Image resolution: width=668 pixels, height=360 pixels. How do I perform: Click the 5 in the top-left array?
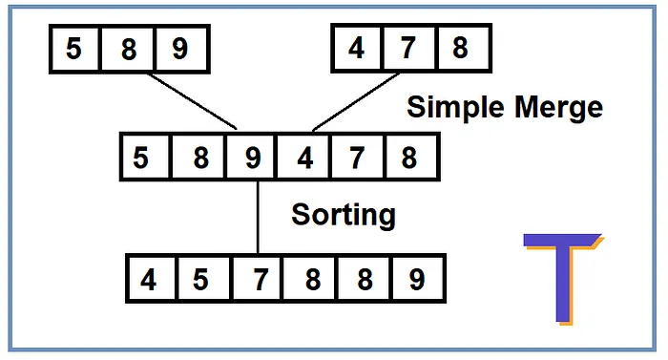pyautogui.click(x=73, y=49)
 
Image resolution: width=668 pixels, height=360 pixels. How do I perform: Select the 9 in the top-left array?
pyautogui.click(x=179, y=49)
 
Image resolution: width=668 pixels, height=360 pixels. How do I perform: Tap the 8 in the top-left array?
pyautogui.click(x=128, y=49)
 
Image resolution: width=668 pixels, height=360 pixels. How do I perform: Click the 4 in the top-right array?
pyautogui.click(x=356, y=48)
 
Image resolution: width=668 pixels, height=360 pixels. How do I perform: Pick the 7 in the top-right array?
pyautogui.click(x=409, y=48)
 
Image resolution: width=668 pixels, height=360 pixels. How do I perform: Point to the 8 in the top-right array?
pyautogui.click(x=461, y=48)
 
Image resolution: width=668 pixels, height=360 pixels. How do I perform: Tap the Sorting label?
pyautogui.click(x=343, y=214)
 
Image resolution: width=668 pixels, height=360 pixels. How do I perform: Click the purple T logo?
pyautogui.click(x=563, y=278)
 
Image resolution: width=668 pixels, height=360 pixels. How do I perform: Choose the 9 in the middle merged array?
pyautogui.click(x=252, y=157)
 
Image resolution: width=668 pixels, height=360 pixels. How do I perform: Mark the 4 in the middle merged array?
pyautogui.click(x=304, y=157)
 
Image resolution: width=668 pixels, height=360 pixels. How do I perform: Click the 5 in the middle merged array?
pyautogui.click(x=142, y=157)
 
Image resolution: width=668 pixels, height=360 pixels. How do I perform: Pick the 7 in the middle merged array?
pyautogui.click(x=358, y=157)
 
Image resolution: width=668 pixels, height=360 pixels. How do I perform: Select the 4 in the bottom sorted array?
pyautogui.click(x=149, y=280)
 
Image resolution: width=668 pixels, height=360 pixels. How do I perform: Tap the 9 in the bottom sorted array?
pyautogui.click(x=416, y=280)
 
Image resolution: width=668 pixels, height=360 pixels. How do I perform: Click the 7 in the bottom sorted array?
pyautogui.click(x=261, y=280)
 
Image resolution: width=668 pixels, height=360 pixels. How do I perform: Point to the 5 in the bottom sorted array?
pyautogui.click(x=200, y=280)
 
